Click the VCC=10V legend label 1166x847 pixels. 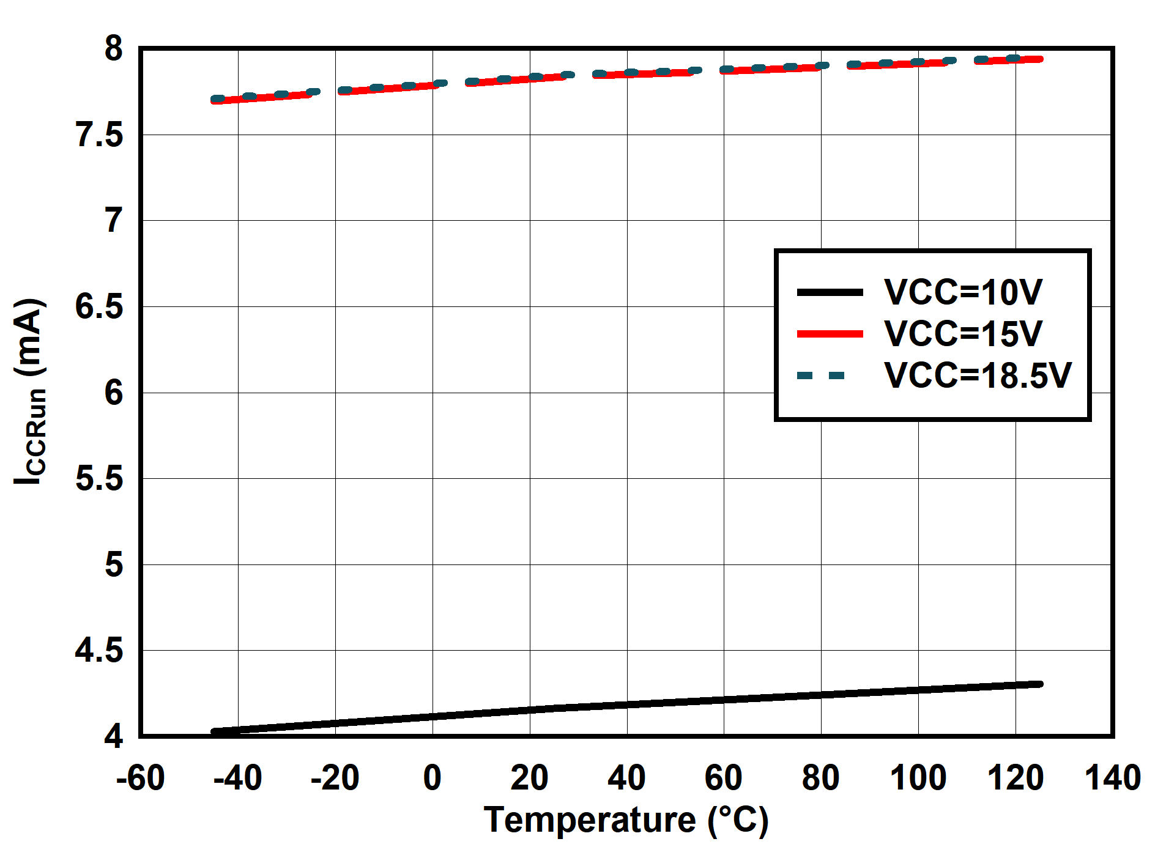click(x=963, y=292)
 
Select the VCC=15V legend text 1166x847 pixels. click(x=963, y=333)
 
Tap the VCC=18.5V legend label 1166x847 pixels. click(x=978, y=375)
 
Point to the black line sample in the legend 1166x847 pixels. click(x=830, y=292)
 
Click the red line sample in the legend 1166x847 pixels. click(x=830, y=334)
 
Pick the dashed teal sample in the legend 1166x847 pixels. click(x=821, y=375)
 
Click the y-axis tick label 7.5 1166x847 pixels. click(x=99, y=135)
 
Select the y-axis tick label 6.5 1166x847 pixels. click(x=99, y=306)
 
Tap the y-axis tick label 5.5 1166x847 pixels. click(x=99, y=478)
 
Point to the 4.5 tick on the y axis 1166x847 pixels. click(x=99, y=650)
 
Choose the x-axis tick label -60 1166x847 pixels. click(x=141, y=778)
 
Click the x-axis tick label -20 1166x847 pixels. click(x=335, y=778)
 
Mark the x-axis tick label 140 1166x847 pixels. click(x=1112, y=778)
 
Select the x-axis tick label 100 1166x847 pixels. click(x=918, y=778)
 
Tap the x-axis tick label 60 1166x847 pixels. click(x=723, y=778)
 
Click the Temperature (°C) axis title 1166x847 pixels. click(x=626, y=819)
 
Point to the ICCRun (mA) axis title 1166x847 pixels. click(x=29, y=391)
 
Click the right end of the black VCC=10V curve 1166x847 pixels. click(x=1039, y=684)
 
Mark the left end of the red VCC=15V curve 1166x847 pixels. click(x=214, y=100)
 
